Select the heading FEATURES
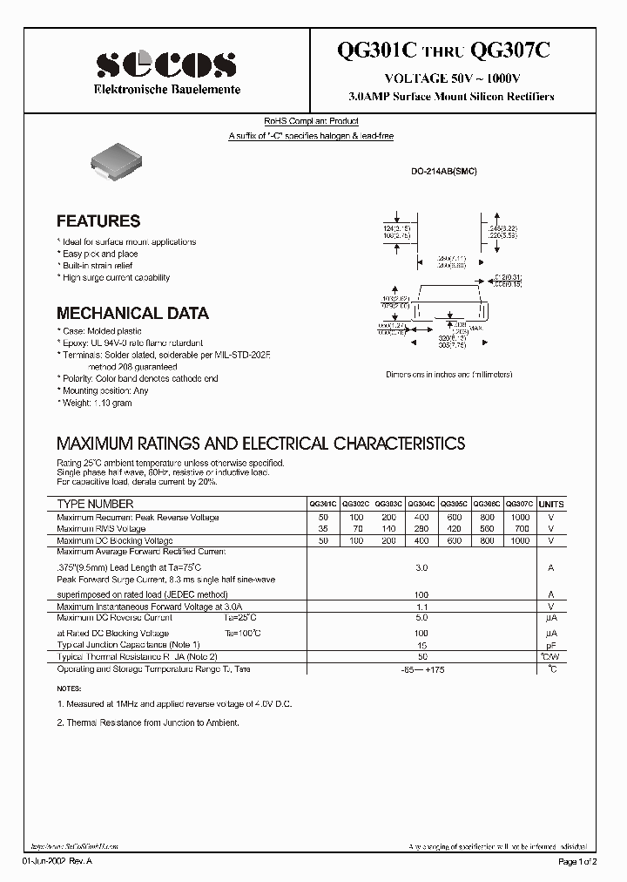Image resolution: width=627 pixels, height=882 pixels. coord(98,221)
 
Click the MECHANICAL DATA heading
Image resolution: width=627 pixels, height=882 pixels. coord(132,313)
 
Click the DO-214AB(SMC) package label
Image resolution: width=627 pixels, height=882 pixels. coord(444,172)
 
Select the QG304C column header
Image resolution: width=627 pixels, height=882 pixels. coord(421,505)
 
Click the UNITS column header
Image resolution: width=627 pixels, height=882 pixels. coord(551,505)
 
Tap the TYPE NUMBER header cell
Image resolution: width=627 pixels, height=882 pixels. coord(96,505)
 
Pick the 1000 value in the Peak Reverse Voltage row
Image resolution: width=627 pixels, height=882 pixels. coord(520,517)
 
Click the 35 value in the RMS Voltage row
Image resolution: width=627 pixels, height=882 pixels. coord(323,528)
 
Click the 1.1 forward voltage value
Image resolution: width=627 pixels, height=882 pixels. coord(421,606)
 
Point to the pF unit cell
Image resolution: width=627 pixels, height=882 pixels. coord(551,645)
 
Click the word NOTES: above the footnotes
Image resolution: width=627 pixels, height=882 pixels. coord(71,689)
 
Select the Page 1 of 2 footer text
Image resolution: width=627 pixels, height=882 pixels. coord(579,861)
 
